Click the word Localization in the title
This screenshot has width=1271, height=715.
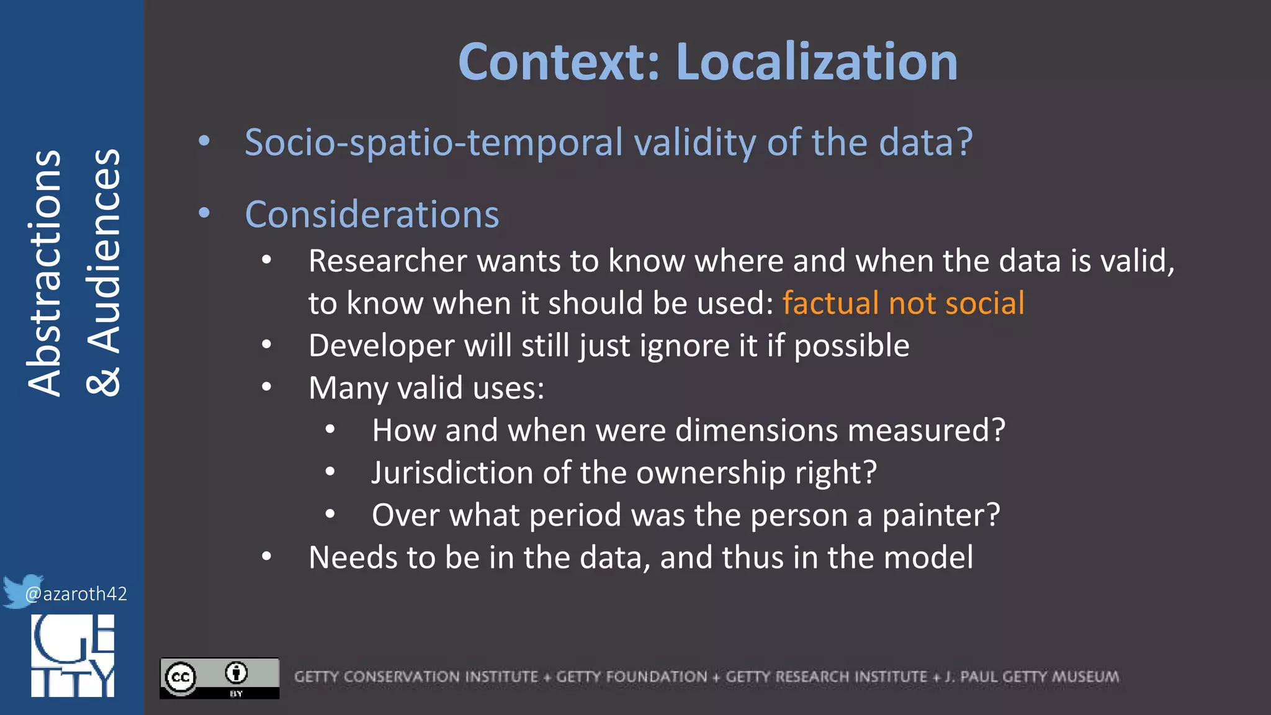tap(816, 62)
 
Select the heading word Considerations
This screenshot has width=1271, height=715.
tap(372, 215)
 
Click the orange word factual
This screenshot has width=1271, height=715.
tap(830, 304)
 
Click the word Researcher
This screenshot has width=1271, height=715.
tap(387, 261)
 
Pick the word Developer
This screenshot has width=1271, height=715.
tap(381, 346)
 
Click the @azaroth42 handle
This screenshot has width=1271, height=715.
tap(76, 594)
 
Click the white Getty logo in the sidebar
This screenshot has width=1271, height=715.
tap(73, 655)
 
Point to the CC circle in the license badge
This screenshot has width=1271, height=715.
tap(181, 677)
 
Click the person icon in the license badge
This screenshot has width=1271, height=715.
tap(236, 673)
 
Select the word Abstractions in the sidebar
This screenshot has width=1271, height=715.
tap(45, 273)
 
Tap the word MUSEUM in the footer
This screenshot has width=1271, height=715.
tap(1085, 677)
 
